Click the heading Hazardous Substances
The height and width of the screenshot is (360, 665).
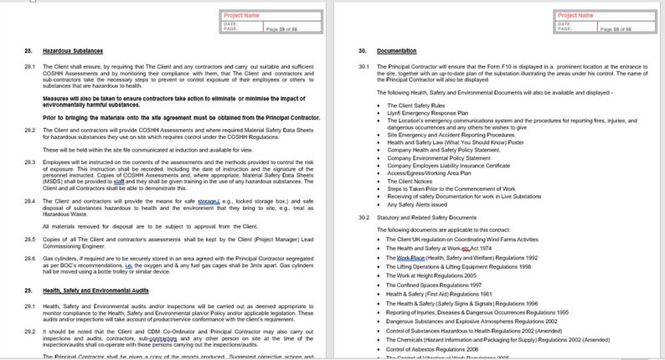pos(68,52)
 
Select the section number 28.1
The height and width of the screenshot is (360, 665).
pos(28,65)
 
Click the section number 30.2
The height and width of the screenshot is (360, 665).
pos(363,218)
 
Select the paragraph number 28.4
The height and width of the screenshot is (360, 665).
pos(28,202)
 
